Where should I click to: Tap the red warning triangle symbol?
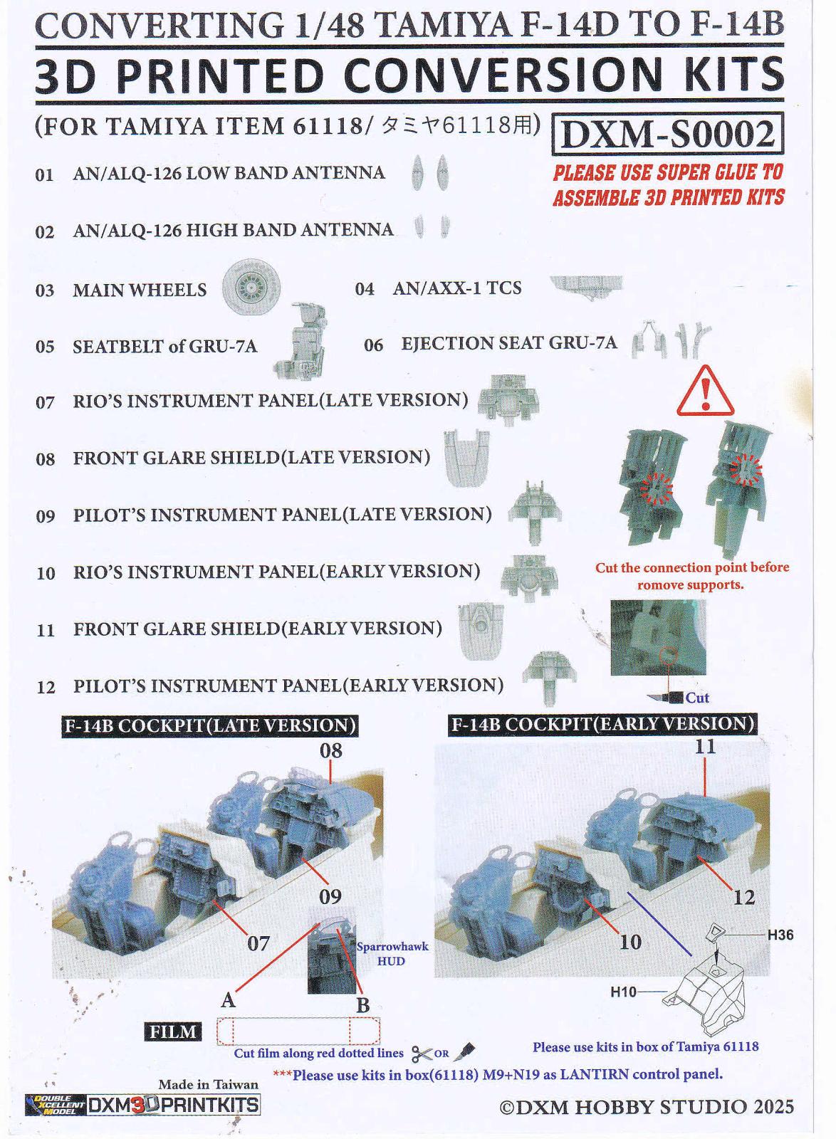pos(705,391)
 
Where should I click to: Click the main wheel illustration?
pos(251,288)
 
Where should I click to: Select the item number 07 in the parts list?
pos(45,402)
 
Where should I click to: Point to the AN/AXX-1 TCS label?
pos(456,288)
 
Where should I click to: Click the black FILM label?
pos(173,1032)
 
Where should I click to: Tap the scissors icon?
pos(422,1052)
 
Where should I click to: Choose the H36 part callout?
pos(780,935)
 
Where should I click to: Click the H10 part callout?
pos(623,992)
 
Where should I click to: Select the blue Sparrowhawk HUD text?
pos(392,954)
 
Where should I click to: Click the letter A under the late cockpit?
pos(228,1001)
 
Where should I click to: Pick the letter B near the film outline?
pos(362,1006)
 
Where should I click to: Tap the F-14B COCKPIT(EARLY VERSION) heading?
pos(602,723)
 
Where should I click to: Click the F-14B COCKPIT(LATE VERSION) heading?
pos(210,725)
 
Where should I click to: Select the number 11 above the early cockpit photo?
pos(705,747)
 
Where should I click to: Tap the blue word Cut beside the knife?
pos(696,698)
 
